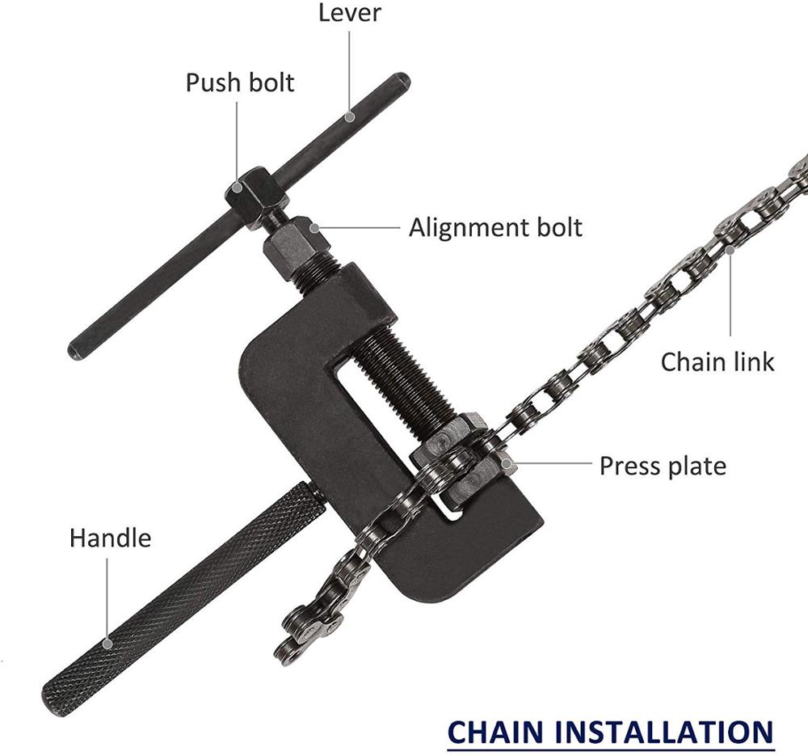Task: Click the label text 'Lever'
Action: [x=349, y=12]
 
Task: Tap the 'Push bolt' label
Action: [x=240, y=82]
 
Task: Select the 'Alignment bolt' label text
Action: [x=495, y=227]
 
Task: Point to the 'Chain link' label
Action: [x=718, y=361]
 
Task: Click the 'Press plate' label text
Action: [x=663, y=467]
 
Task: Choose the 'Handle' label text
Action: [x=110, y=538]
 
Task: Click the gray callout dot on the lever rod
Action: [x=349, y=116]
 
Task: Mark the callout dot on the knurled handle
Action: [x=107, y=644]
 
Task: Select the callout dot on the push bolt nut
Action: [x=238, y=188]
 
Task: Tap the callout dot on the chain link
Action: [x=730, y=250]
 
